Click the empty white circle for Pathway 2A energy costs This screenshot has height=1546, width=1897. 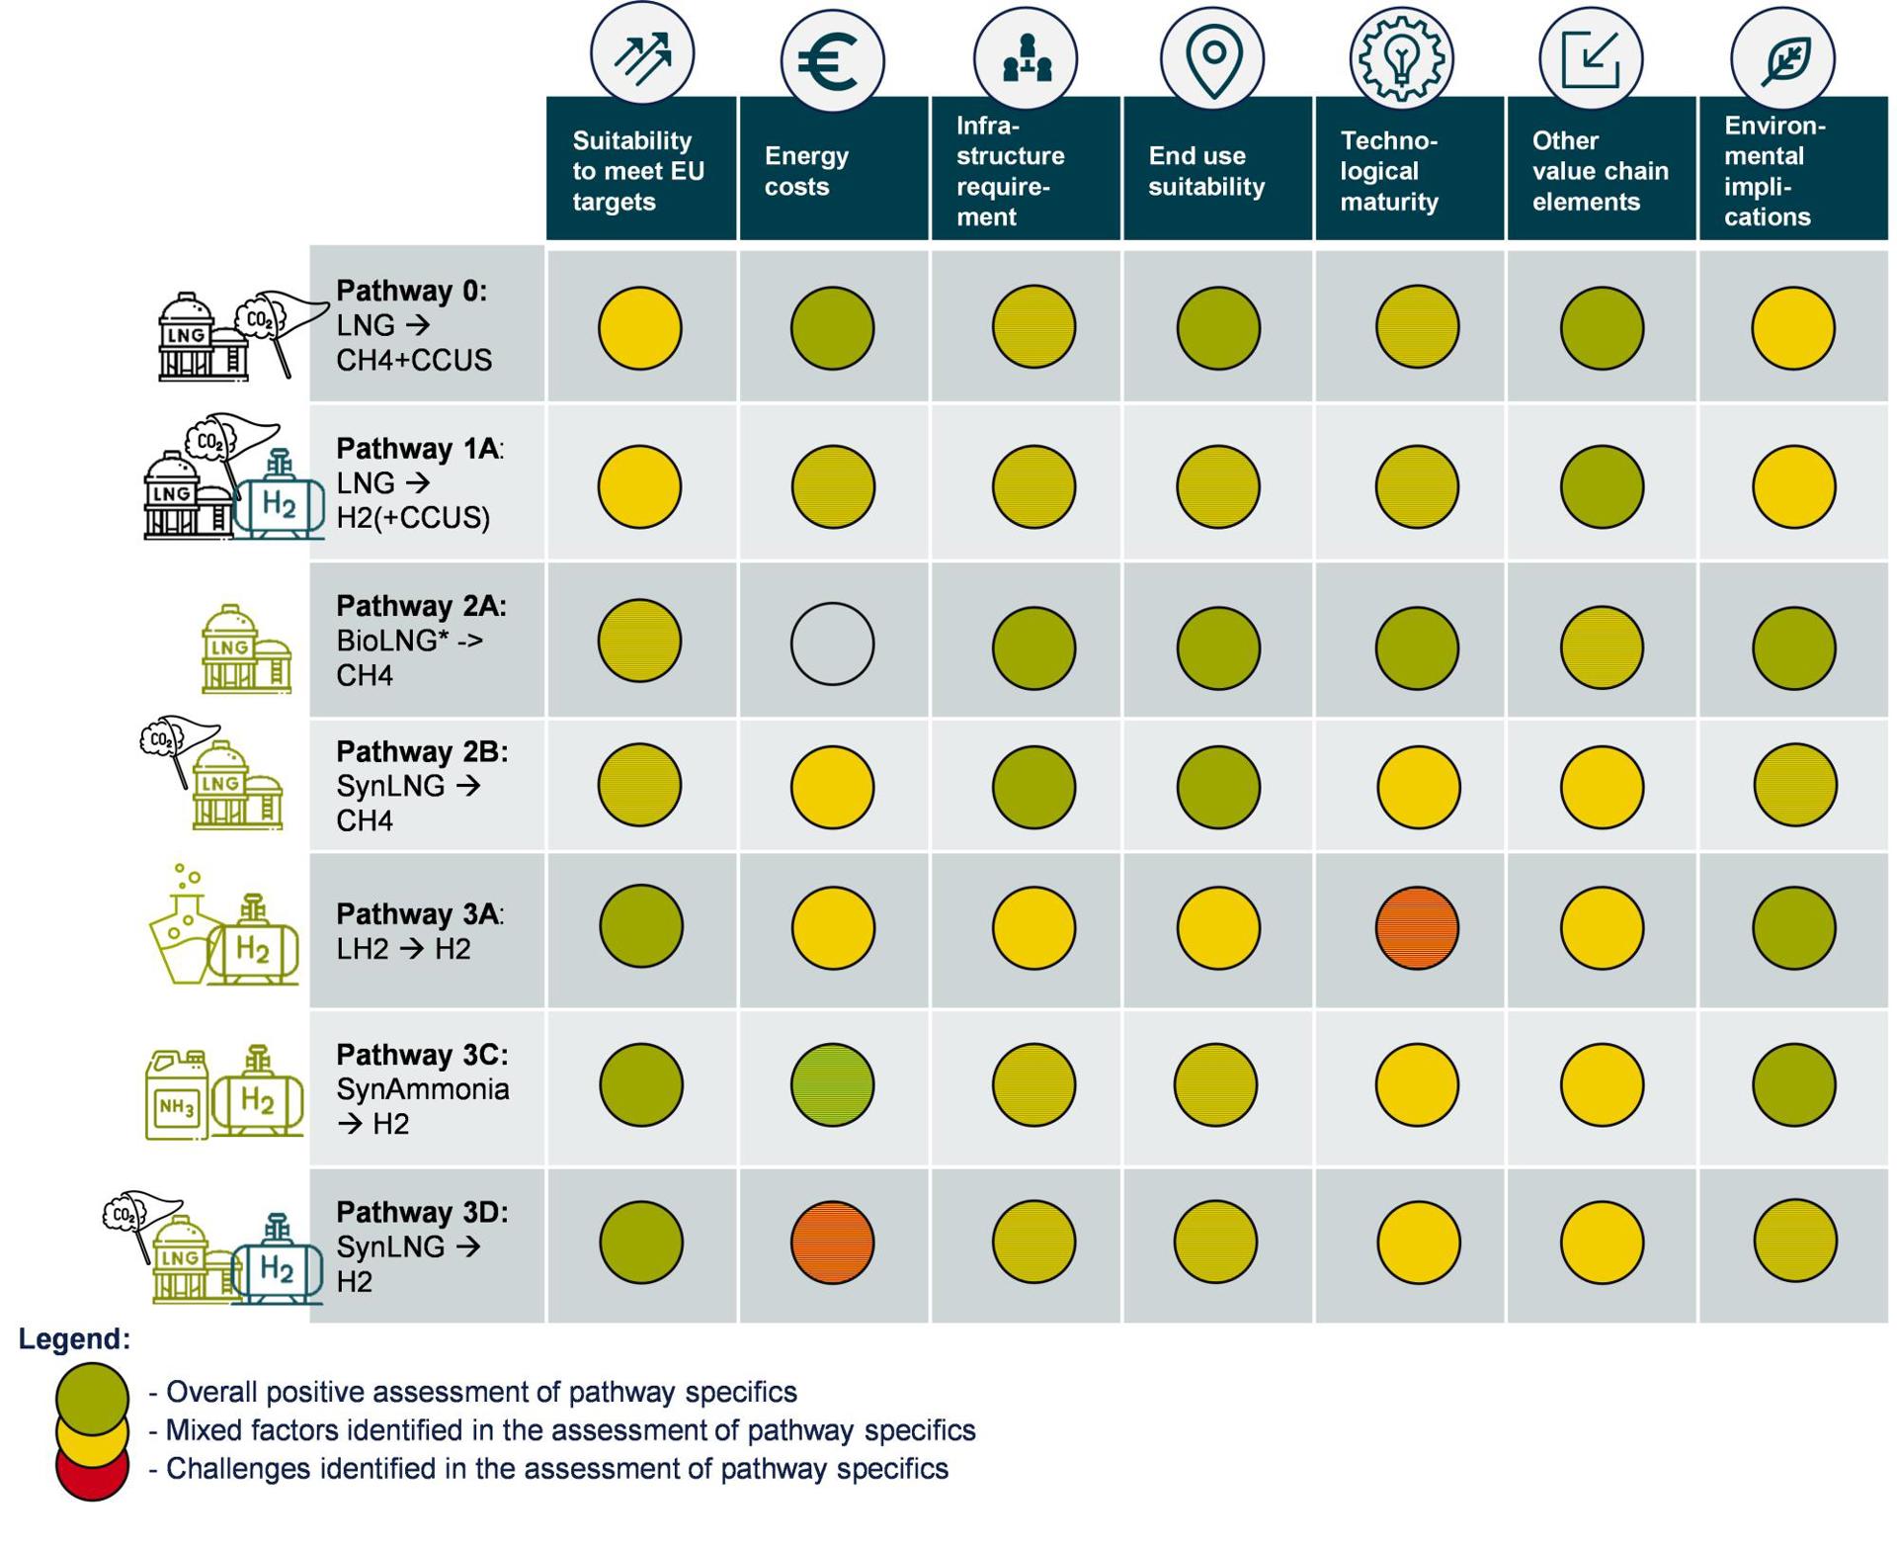click(832, 644)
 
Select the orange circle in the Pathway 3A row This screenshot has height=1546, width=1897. click(1417, 927)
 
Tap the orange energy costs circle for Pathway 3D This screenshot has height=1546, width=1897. click(832, 1243)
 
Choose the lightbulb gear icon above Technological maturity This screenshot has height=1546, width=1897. click(1400, 57)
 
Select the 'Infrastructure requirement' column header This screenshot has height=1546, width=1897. click(1025, 170)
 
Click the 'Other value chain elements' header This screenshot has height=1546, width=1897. click(1600, 170)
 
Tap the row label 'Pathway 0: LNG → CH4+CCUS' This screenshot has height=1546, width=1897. click(415, 325)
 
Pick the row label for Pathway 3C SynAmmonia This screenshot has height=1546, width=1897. click(423, 1088)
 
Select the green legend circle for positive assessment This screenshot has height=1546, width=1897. click(92, 1395)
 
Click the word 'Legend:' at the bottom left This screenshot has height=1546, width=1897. click(74, 1339)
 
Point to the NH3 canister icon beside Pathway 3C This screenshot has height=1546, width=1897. click(177, 1095)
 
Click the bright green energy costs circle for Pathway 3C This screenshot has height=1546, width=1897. click(832, 1084)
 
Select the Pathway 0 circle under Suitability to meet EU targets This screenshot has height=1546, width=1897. click(640, 328)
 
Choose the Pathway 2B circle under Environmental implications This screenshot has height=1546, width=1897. click(1794, 785)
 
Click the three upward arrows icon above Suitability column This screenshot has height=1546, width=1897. click(642, 55)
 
